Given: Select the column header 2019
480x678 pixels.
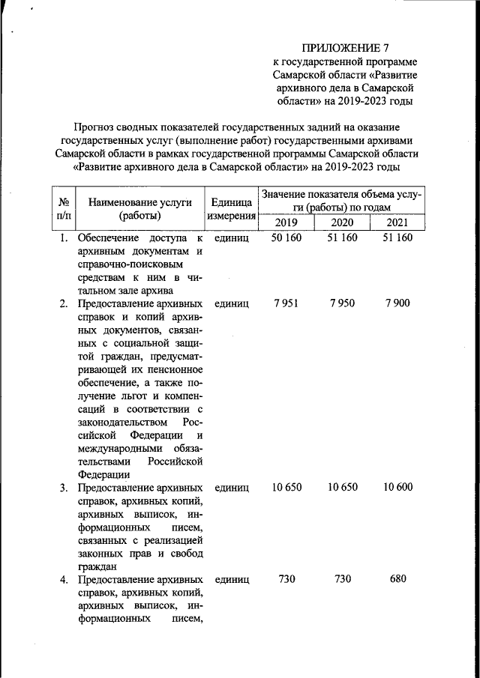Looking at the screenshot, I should point(286,223).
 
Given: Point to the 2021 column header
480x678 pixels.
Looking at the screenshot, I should point(397,223).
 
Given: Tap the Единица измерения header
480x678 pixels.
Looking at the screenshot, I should point(231,209).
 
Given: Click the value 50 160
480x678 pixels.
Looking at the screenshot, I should point(286,238).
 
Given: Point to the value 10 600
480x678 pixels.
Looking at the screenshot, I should point(397,487).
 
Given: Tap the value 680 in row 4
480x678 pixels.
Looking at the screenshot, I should point(397,580).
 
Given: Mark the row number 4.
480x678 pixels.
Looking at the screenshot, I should point(64,580).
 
